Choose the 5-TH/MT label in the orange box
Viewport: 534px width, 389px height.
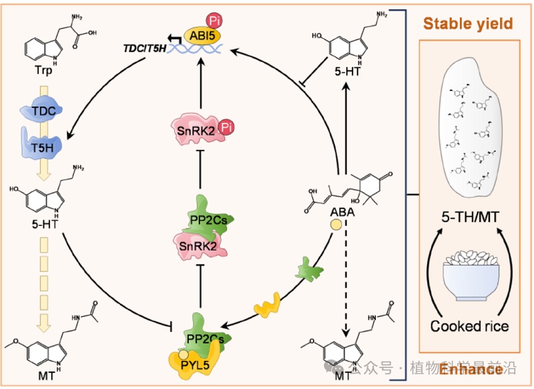[x=471, y=217]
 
